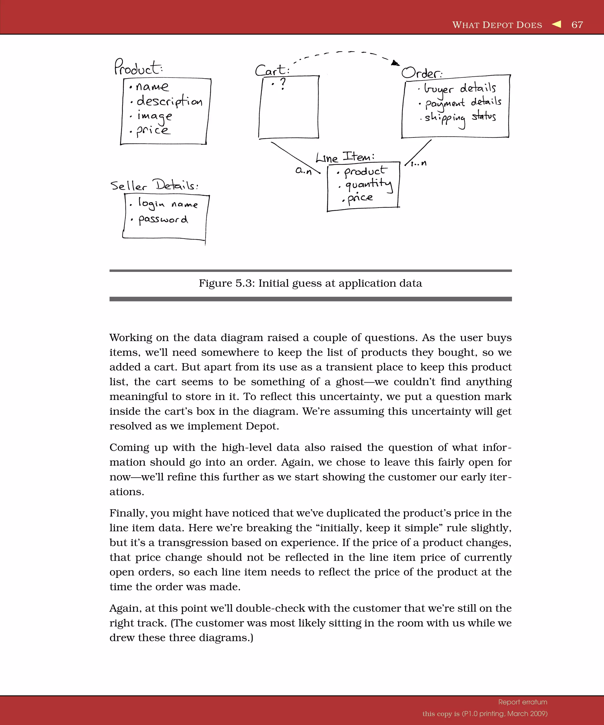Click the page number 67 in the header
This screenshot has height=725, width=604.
coord(577,25)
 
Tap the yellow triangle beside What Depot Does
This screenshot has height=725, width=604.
coord(557,24)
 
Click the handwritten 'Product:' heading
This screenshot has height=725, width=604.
coord(138,67)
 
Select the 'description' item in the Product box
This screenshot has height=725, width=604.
coord(169,101)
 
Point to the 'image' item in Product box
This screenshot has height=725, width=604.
coord(154,116)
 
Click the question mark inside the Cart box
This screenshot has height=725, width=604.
coord(283,84)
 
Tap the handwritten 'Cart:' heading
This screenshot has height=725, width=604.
coord(272,70)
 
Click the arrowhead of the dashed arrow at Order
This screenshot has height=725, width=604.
coord(395,63)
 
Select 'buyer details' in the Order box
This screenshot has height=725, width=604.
coord(460,88)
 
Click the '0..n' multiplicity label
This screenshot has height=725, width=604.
coord(303,170)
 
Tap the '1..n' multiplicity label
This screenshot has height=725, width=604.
coord(418,163)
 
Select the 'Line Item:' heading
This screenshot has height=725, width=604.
coord(345,158)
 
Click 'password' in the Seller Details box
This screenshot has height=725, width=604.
coord(163,219)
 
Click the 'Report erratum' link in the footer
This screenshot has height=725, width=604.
coord(523,702)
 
